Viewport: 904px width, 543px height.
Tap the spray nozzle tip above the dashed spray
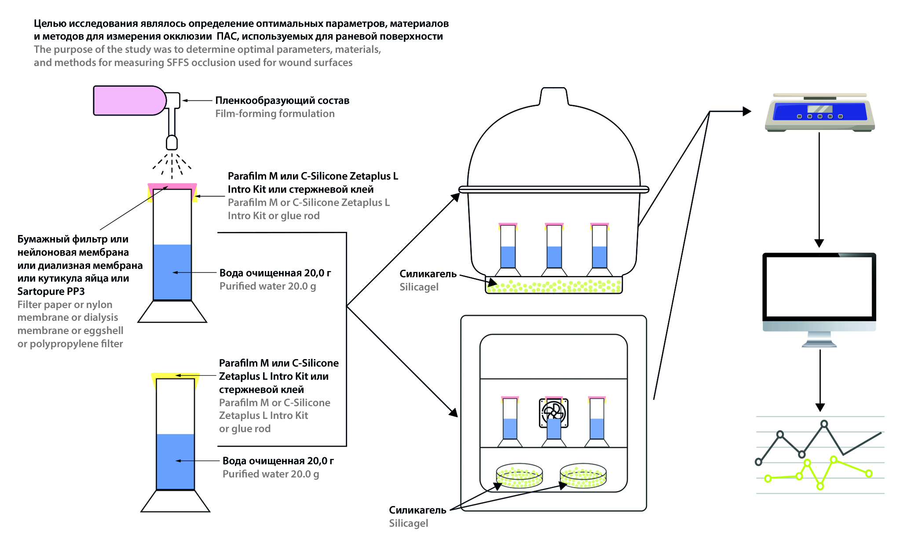(x=172, y=143)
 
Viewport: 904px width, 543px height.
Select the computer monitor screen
(x=819, y=286)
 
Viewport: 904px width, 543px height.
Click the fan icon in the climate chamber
(x=553, y=412)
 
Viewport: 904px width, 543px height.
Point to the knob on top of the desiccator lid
(x=554, y=96)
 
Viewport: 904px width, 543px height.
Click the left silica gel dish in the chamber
(x=519, y=476)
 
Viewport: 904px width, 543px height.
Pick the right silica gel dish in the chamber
(x=583, y=476)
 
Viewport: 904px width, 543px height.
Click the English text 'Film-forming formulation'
(x=274, y=114)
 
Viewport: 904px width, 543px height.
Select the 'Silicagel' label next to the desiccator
(x=419, y=287)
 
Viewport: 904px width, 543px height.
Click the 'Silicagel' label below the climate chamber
(x=408, y=523)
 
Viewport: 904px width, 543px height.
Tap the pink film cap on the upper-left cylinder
(x=172, y=186)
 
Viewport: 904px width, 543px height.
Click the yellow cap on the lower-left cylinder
(x=175, y=376)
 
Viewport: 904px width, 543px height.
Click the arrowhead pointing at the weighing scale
(x=747, y=111)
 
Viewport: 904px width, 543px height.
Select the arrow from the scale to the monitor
(x=819, y=189)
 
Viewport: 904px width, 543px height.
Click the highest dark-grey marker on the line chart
(x=824, y=424)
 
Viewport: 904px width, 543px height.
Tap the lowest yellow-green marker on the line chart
(x=820, y=486)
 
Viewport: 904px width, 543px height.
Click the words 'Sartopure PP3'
(x=51, y=291)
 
